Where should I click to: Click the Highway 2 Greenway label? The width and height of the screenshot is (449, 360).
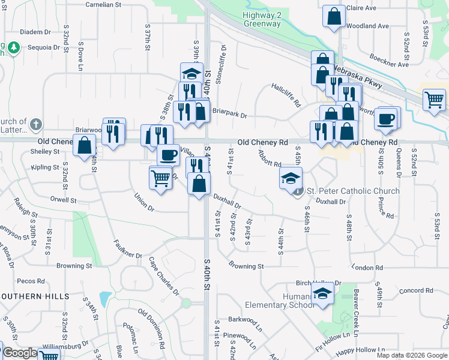[262, 19]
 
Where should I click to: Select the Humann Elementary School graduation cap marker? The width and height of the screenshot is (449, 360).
[323, 294]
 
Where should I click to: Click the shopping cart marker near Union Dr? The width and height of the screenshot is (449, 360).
[160, 177]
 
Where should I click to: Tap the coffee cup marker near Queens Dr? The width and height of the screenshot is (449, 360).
[387, 118]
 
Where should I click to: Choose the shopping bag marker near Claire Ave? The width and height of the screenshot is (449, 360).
[334, 17]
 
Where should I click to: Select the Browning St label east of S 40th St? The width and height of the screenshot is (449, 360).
[246, 266]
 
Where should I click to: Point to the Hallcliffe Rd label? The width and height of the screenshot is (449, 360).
[286, 95]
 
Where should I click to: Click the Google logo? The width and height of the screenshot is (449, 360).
[20, 353]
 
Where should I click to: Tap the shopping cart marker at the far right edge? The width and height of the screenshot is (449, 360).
[434, 100]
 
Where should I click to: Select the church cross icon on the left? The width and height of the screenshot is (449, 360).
[36, 124]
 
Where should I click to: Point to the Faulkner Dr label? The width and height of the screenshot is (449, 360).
[128, 250]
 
